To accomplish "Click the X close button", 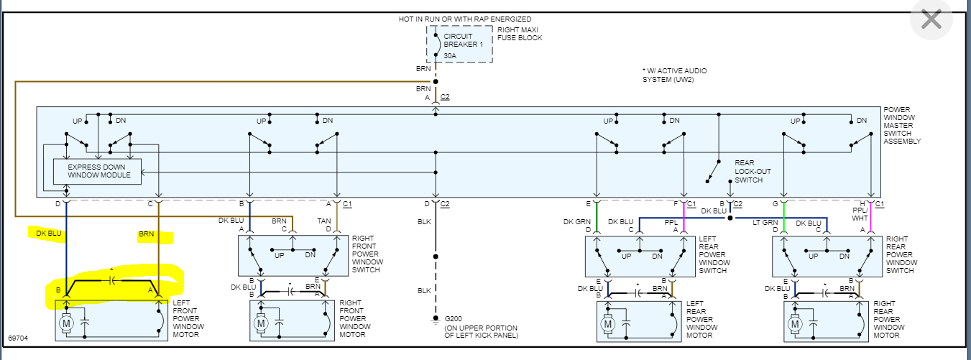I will (x=931, y=19).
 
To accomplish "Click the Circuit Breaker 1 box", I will (x=460, y=44).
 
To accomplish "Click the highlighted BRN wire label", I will (x=147, y=235).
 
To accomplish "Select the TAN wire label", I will (x=324, y=221).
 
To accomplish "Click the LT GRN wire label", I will (x=766, y=221).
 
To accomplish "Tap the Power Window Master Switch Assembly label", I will (x=902, y=126).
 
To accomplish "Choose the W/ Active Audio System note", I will (x=674, y=75).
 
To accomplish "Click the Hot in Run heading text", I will (x=465, y=19).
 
